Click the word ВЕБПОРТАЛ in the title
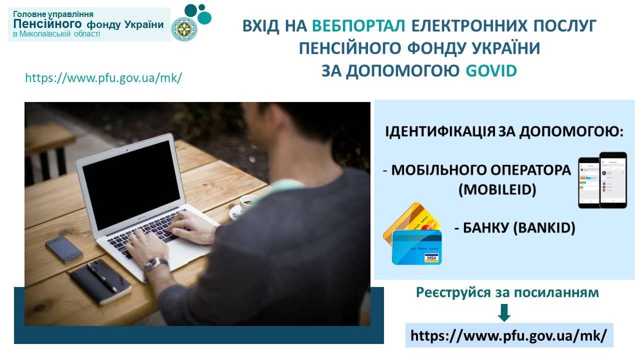tap(358, 25)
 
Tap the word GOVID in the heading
tap(491, 71)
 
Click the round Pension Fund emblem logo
tap(184, 29)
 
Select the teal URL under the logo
tap(103, 77)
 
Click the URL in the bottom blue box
tap(509, 335)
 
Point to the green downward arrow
tap(504, 312)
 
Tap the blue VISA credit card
tap(417, 247)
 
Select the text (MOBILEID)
tap(497, 189)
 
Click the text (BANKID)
tap(544, 228)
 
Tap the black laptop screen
tap(131, 184)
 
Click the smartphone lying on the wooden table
tap(64, 249)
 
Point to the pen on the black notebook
tap(101, 277)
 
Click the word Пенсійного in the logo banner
tap(47, 24)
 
